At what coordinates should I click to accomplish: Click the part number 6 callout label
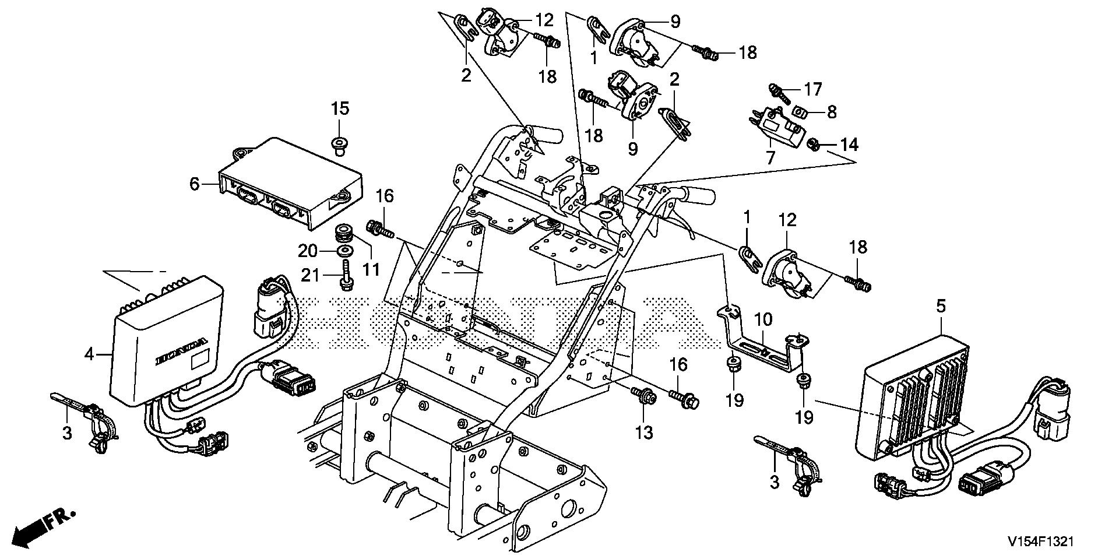pos(195,184)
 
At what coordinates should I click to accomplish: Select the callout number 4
pos(89,354)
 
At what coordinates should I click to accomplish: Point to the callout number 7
pos(770,157)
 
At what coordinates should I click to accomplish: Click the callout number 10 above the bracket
pos(763,319)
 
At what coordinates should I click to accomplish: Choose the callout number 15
pos(340,108)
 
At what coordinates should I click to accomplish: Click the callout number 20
pos(308,251)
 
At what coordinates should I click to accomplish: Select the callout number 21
pos(311,274)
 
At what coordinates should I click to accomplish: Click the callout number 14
pos(849,145)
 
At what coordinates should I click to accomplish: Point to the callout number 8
pos(832,112)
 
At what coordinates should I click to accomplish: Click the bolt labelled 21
pos(344,275)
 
